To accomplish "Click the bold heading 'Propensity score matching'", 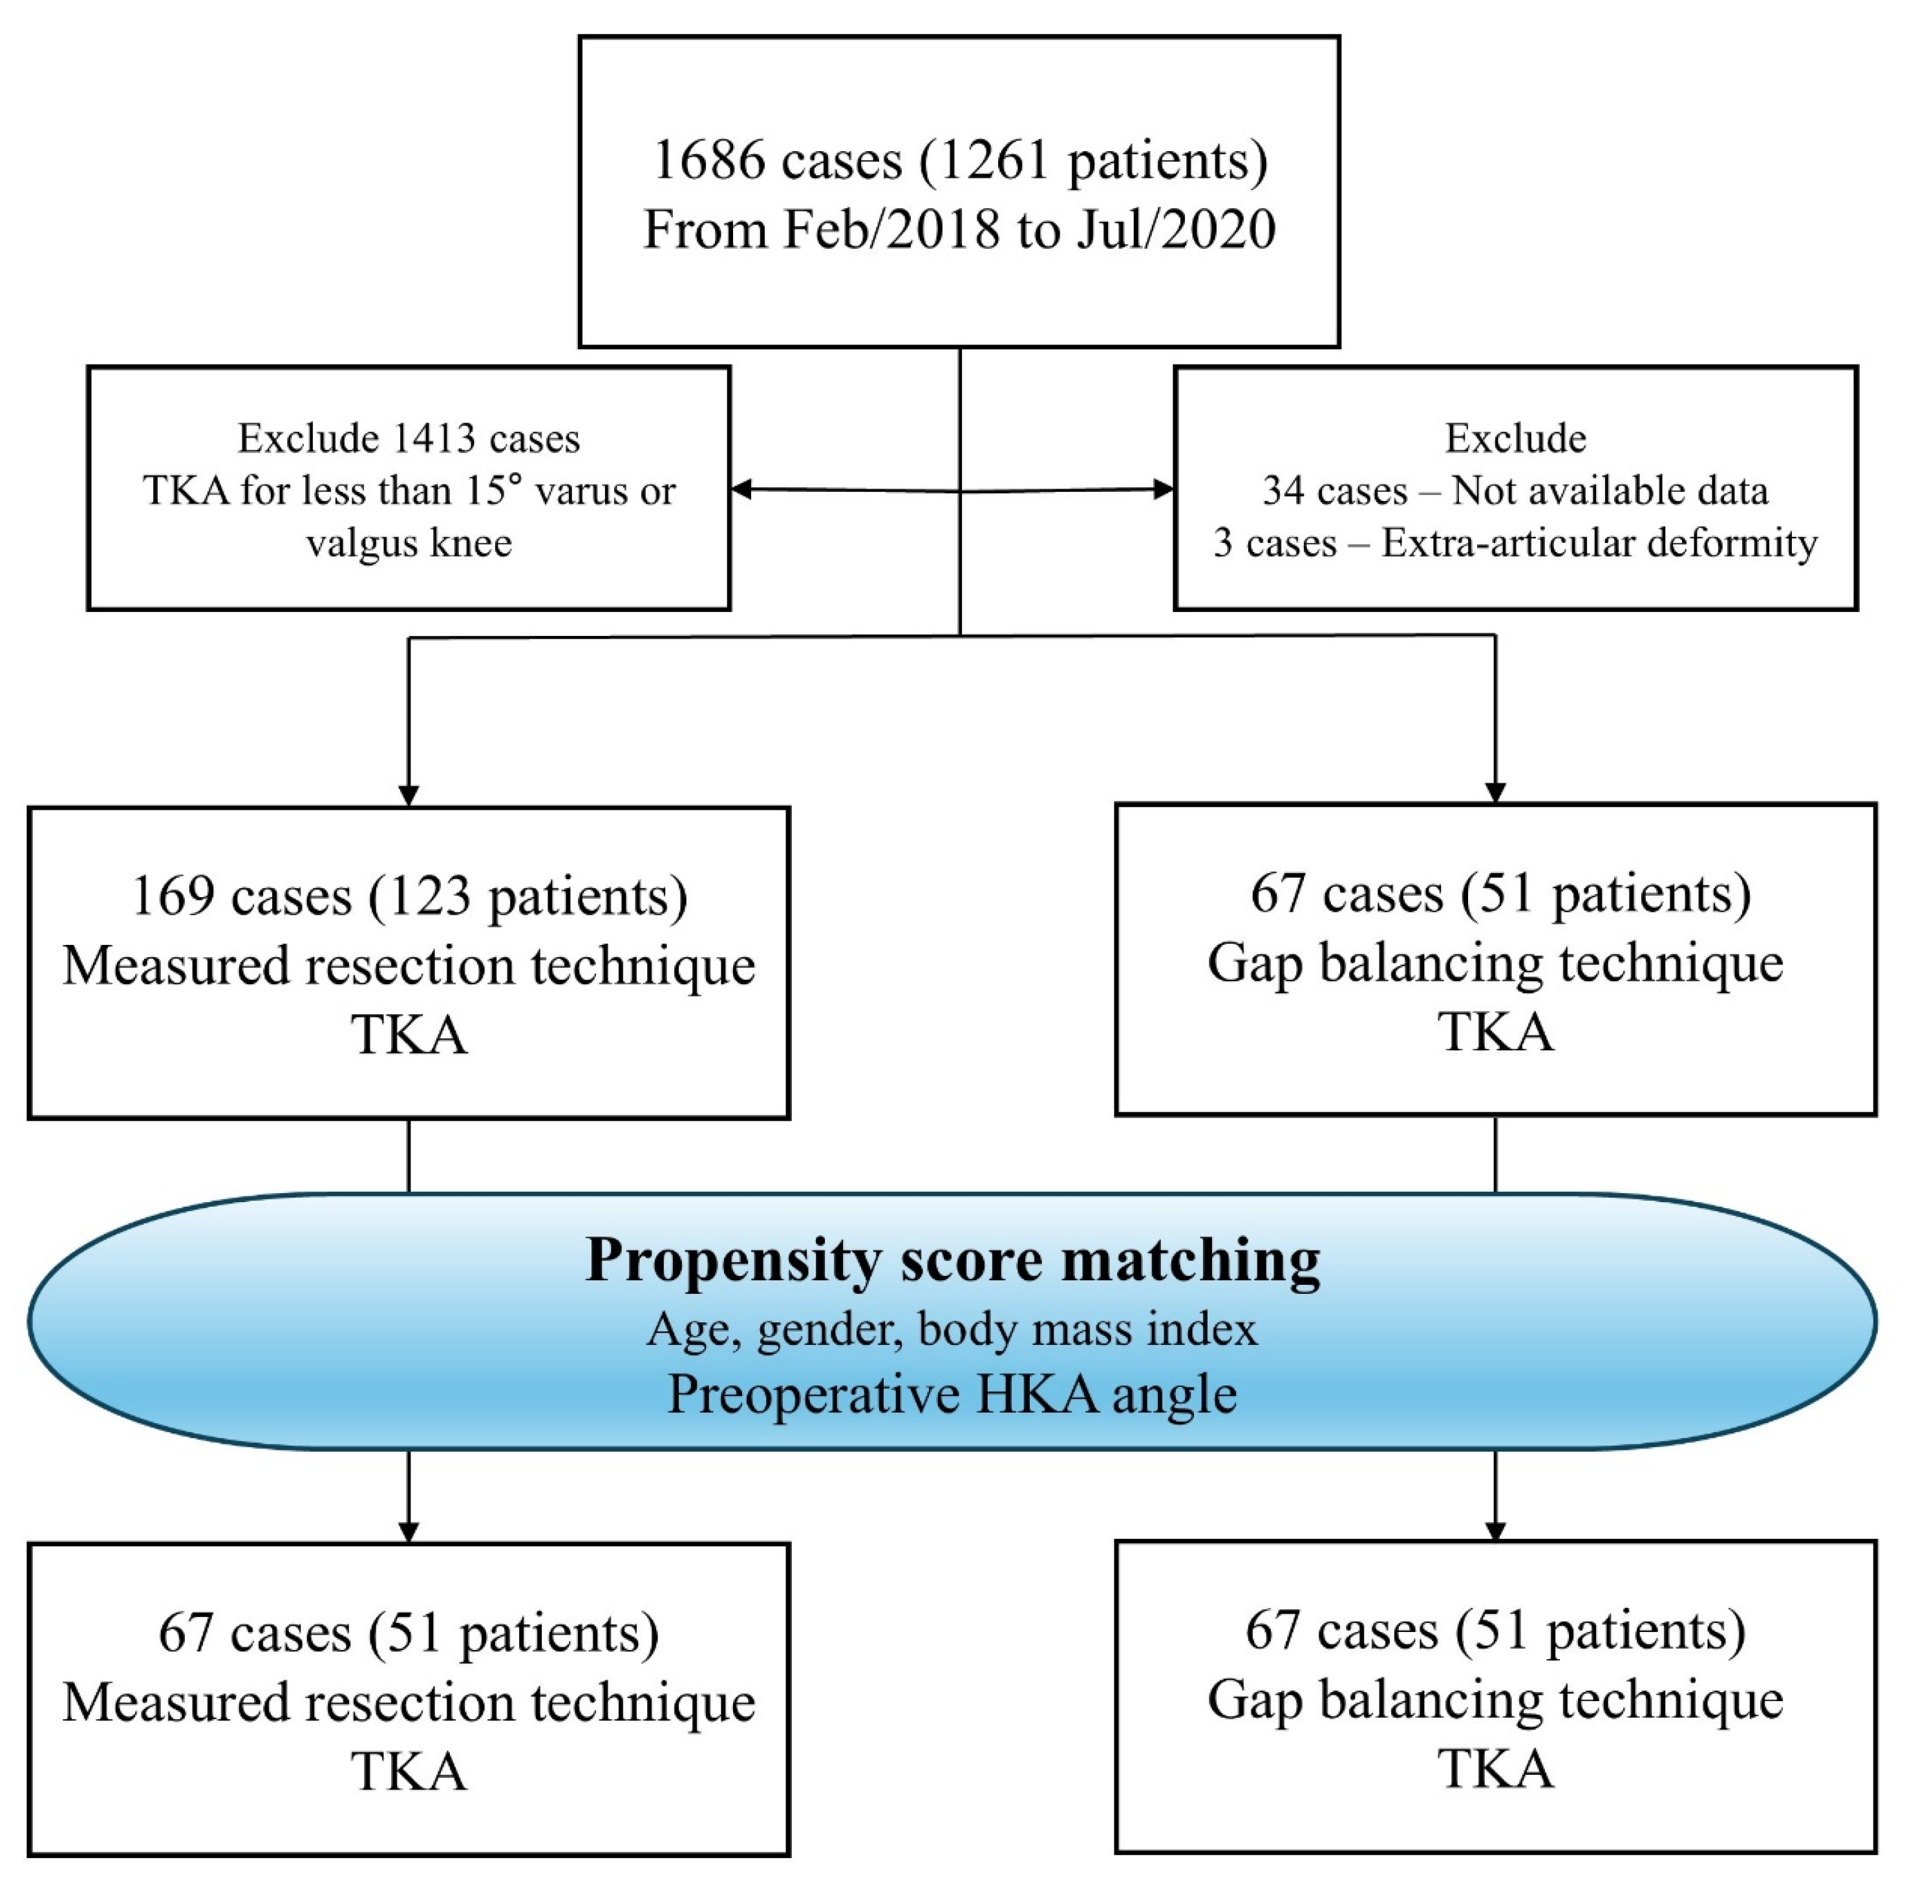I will (x=952, y=1260).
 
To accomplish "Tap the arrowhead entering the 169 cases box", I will (x=409, y=796).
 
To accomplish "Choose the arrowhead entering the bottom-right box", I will (x=1495, y=1530).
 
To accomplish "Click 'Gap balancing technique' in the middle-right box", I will (x=1495, y=962).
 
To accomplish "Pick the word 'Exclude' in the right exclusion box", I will (x=1515, y=438).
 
